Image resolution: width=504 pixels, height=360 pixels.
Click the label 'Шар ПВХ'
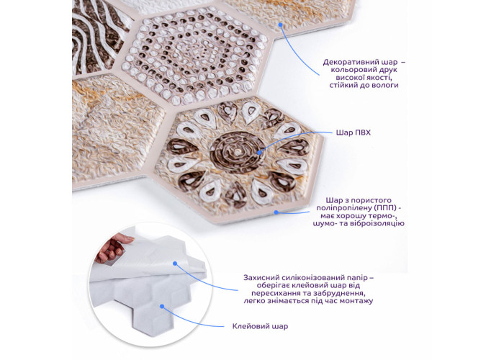(x=353, y=132)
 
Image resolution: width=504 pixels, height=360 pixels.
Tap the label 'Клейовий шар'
(x=260, y=327)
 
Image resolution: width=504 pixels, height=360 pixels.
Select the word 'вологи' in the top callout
(x=386, y=85)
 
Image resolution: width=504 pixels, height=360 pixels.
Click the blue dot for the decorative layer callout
(x=280, y=24)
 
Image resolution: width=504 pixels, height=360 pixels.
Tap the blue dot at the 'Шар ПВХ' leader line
(x=259, y=152)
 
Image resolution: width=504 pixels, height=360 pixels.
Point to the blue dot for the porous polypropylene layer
(x=276, y=212)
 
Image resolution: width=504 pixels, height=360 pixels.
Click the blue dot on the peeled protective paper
(x=175, y=264)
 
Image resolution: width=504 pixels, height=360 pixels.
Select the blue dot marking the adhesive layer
(x=162, y=306)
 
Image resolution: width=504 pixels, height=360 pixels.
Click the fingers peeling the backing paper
(x=112, y=248)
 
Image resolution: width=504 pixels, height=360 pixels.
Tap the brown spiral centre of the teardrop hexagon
(x=237, y=152)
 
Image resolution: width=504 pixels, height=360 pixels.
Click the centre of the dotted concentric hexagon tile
(x=196, y=55)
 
